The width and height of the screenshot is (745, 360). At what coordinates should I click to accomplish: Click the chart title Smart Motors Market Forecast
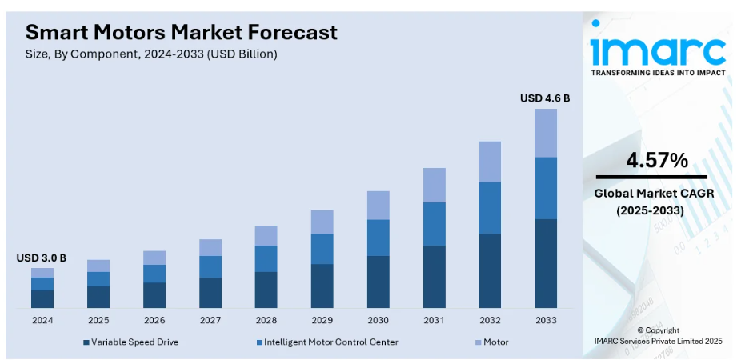182,32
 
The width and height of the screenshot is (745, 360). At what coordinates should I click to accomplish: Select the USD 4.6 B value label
545,98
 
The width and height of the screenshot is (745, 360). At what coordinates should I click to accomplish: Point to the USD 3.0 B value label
41,258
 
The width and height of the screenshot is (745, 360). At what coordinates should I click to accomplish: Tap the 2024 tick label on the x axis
42,320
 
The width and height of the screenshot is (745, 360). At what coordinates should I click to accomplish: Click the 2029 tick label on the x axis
322,320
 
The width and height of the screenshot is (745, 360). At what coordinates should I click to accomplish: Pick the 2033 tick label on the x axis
545,320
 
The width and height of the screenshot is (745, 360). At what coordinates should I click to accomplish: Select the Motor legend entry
495,342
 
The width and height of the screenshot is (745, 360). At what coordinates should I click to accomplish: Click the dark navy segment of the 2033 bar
545,263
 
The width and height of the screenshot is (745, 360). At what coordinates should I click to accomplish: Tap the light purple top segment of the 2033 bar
545,133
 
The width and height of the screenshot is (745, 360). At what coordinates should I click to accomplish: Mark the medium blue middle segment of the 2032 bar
489,207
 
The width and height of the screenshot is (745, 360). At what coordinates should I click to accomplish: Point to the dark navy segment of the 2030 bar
378,282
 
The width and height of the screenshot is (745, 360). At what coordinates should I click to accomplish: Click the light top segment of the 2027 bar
210,247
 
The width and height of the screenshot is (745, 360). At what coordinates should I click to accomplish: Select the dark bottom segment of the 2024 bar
42,298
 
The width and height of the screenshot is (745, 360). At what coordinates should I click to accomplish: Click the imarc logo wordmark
658,50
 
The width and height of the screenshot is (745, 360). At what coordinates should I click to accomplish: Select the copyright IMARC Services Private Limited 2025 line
658,341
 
